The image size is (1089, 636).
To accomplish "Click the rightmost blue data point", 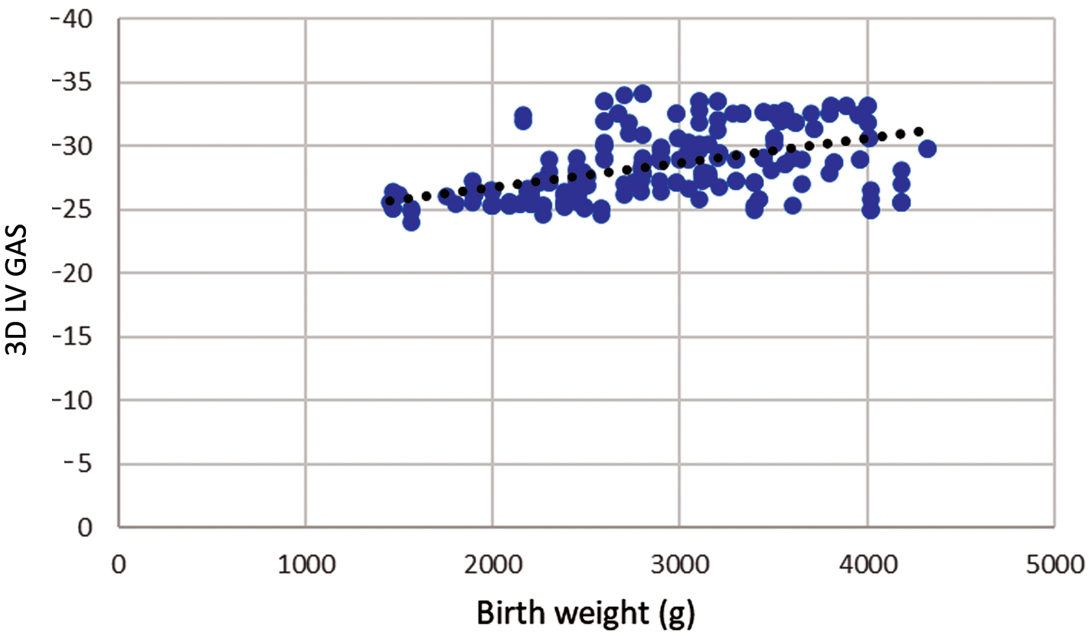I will coord(927,149).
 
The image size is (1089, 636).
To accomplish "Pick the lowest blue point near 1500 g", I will coord(411,222).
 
